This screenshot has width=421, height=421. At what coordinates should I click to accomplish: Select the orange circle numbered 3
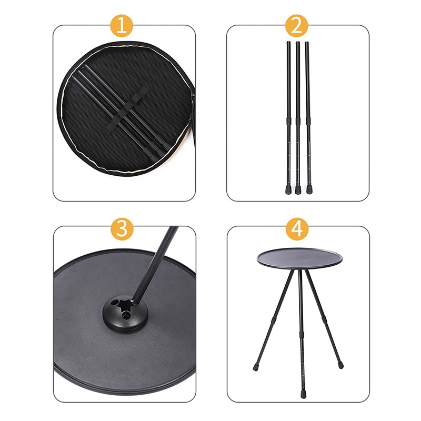point(123,229)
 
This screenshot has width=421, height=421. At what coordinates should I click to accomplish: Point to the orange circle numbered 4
point(297,229)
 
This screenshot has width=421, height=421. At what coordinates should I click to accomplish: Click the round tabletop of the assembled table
point(299,257)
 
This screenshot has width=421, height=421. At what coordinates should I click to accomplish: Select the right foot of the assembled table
point(340,364)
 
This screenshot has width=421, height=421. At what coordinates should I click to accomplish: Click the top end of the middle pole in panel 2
point(297,43)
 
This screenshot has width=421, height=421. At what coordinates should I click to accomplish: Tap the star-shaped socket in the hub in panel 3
point(125,305)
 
